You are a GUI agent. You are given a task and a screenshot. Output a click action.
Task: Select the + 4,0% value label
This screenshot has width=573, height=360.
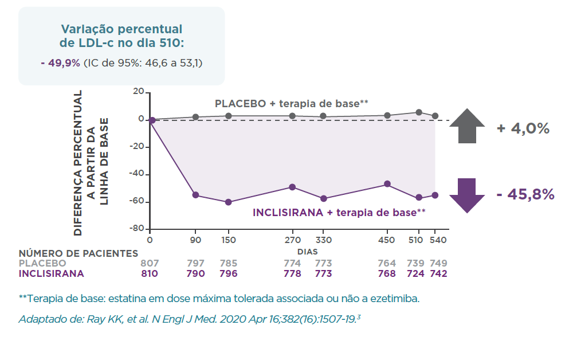click(x=523, y=128)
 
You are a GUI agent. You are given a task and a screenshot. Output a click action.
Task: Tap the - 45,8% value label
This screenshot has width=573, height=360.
click(x=525, y=194)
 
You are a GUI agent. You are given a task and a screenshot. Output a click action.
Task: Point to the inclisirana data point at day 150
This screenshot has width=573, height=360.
click(x=229, y=202)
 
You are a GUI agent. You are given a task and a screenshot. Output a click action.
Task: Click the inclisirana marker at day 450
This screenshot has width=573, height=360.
click(x=387, y=184)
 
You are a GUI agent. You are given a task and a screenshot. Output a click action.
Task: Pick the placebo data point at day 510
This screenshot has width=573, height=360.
click(x=419, y=112)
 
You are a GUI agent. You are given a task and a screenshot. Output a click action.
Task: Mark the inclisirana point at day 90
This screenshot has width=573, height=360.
click(x=195, y=195)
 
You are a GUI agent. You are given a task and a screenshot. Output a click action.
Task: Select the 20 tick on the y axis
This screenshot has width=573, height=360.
click(x=138, y=92)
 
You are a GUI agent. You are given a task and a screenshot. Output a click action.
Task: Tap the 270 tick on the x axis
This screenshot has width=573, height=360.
click(x=292, y=240)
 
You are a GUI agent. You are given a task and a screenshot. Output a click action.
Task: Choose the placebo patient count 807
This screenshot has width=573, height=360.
click(x=150, y=263)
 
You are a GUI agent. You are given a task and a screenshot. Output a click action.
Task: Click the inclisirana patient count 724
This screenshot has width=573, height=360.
click(x=415, y=273)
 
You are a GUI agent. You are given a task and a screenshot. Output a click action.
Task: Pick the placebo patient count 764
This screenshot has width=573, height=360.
click(x=387, y=263)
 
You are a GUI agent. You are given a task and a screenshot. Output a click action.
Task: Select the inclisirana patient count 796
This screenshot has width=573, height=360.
click(x=229, y=273)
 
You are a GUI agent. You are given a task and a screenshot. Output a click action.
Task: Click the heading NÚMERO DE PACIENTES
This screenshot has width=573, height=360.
click(x=79, y=253)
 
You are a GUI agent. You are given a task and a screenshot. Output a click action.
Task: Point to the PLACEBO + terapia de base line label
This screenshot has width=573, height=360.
click(x=291, y=103)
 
